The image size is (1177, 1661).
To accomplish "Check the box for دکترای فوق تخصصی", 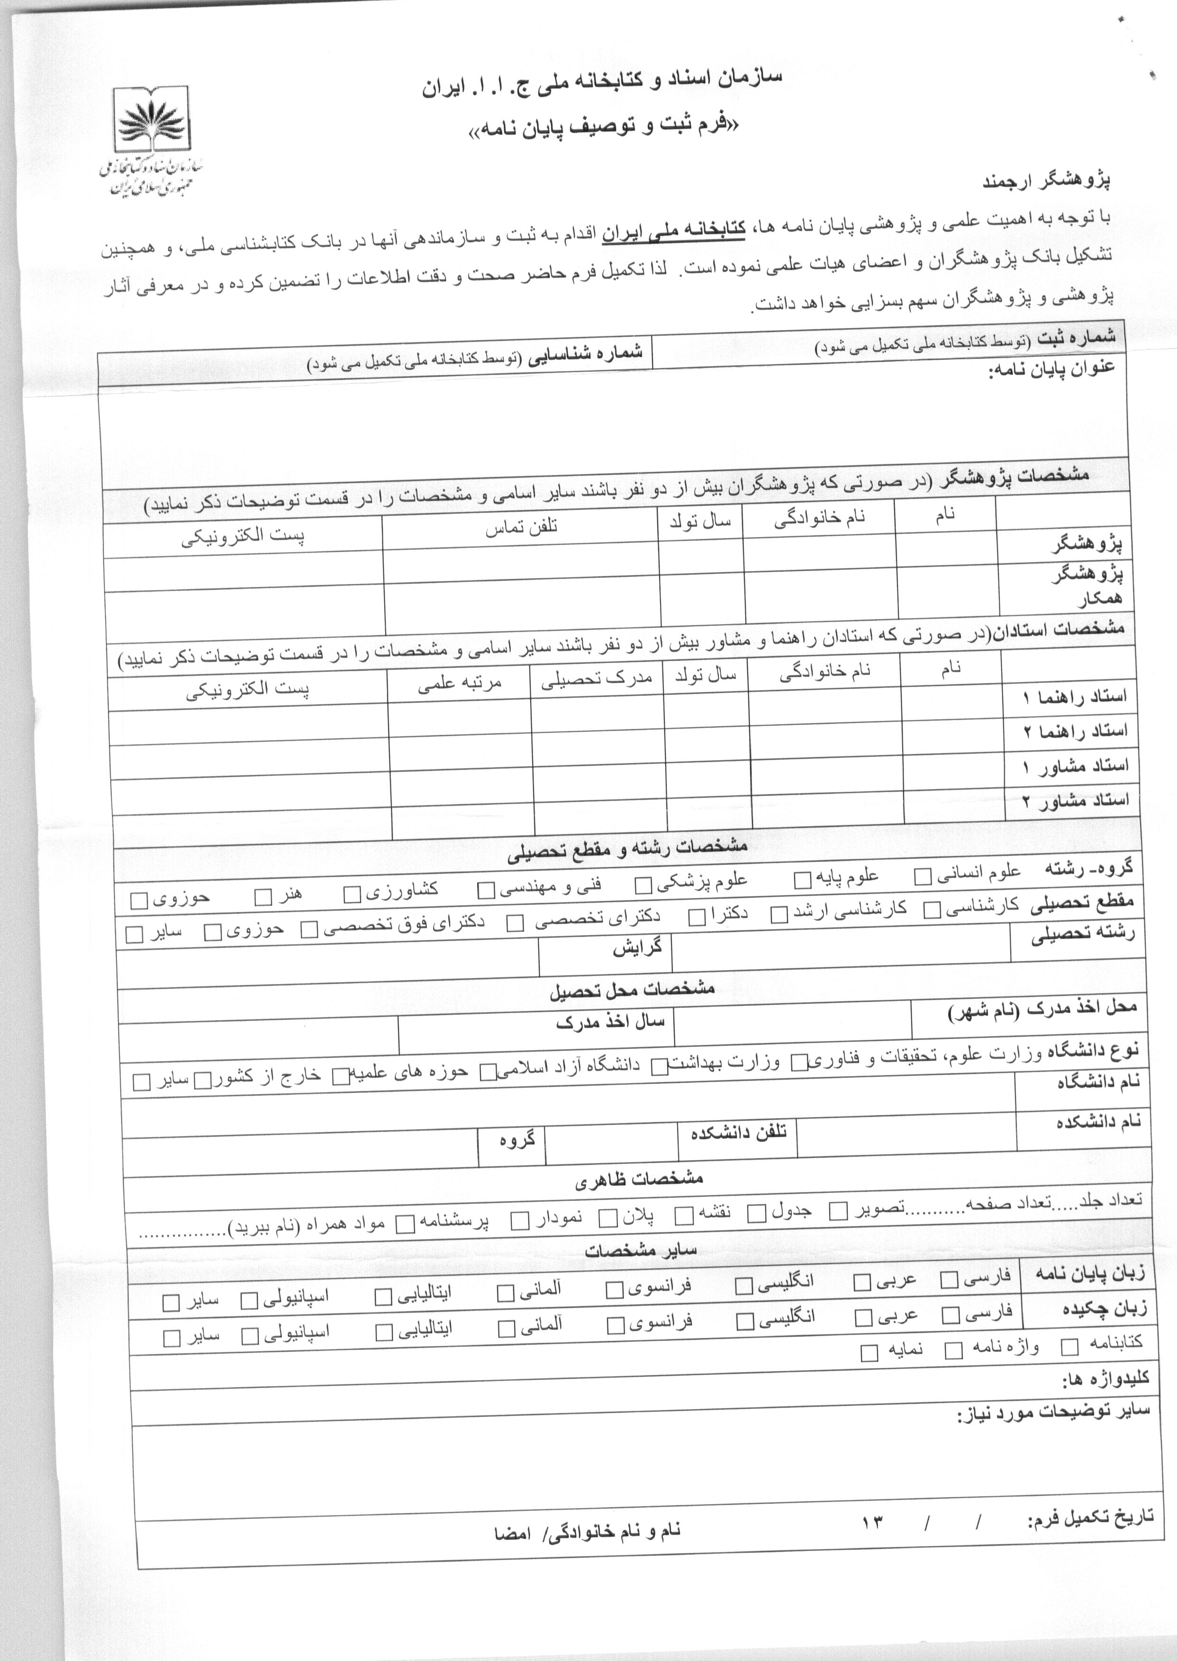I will [x=309, y=929].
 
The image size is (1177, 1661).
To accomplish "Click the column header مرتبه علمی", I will [x=460, y=682].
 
